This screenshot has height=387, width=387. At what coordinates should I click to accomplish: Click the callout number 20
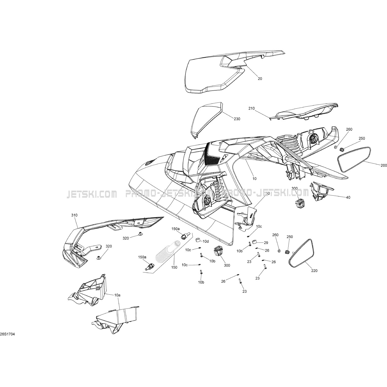(x=260, y=79)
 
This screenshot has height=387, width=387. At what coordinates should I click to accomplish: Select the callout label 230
(x=237, y=119)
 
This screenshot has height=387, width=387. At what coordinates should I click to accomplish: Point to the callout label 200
(x=383, y=166)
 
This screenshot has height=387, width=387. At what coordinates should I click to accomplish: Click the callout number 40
(x=348, y=197)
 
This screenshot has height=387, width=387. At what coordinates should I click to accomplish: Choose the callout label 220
(x=314, y=271)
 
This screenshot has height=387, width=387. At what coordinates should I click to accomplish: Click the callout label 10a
(x=117, y=295)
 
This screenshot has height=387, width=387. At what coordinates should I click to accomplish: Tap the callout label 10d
(x=206, y=241)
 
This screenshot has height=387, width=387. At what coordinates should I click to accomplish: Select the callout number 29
(x=266, y=243)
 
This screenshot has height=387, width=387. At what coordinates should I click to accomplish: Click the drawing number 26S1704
(x=9, y=334)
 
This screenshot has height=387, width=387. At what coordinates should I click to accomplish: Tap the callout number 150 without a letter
(x=174, y=267)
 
